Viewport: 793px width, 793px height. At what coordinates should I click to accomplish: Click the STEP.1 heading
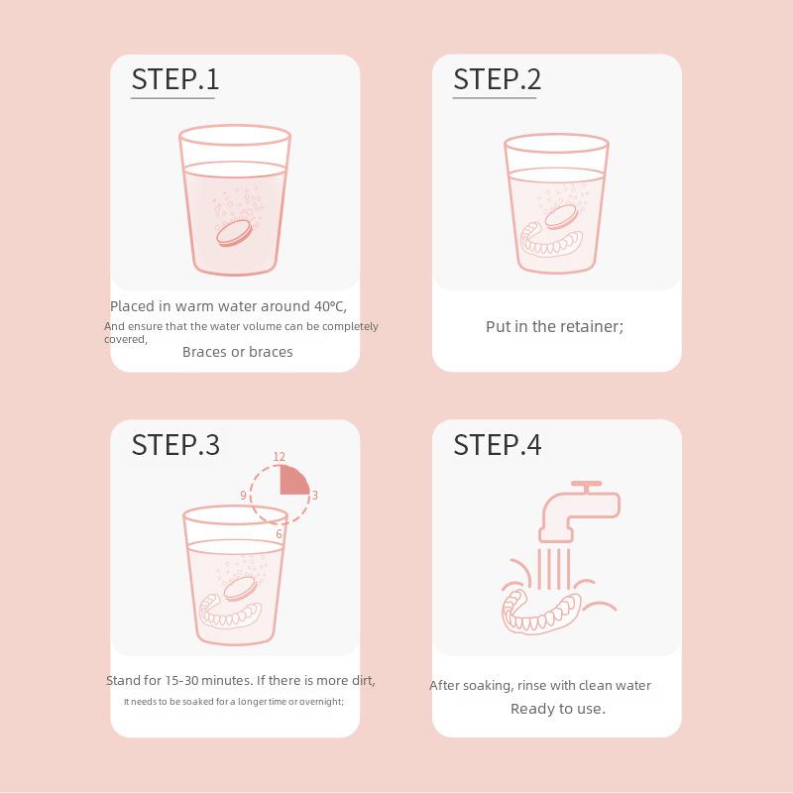tap(175, 79)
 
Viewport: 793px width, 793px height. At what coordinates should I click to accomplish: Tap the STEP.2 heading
tap(498, 79)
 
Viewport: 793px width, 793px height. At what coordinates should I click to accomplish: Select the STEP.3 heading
tap(175, 445)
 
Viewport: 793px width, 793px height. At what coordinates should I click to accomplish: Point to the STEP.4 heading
tap(498, 445)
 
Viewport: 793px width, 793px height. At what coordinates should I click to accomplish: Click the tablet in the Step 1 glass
tap(234, 233)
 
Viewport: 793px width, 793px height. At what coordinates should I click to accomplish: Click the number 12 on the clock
tap(280, 457)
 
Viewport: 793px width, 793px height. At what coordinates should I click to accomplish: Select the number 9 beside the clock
tap(243, 495)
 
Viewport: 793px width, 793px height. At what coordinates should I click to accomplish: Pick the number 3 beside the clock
tap(314, 495)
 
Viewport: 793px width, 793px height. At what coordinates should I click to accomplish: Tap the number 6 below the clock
tap(280, 534)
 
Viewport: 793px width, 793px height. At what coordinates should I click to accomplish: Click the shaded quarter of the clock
tap(292, 481)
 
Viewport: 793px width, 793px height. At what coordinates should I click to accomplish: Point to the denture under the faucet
tap(541, 612)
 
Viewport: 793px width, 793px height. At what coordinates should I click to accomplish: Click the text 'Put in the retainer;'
tap(555, 327)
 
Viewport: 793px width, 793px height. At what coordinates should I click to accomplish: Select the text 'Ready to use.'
tap(558, 709)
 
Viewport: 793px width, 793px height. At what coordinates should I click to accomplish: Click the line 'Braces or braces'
tap(238, 352)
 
